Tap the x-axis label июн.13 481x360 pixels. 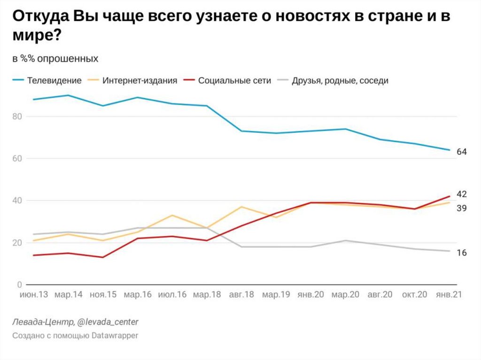coord(33,295)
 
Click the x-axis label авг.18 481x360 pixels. coord(242,295)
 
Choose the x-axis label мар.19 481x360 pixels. coord(276,295)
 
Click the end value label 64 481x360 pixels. coord(462,151)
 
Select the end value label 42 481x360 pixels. coord(462,194)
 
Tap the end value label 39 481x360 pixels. coord(462,208)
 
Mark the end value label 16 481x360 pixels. coord(462,253)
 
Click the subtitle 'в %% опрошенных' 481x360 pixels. coord(55,59)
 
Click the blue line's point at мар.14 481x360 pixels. coord(68,95)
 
